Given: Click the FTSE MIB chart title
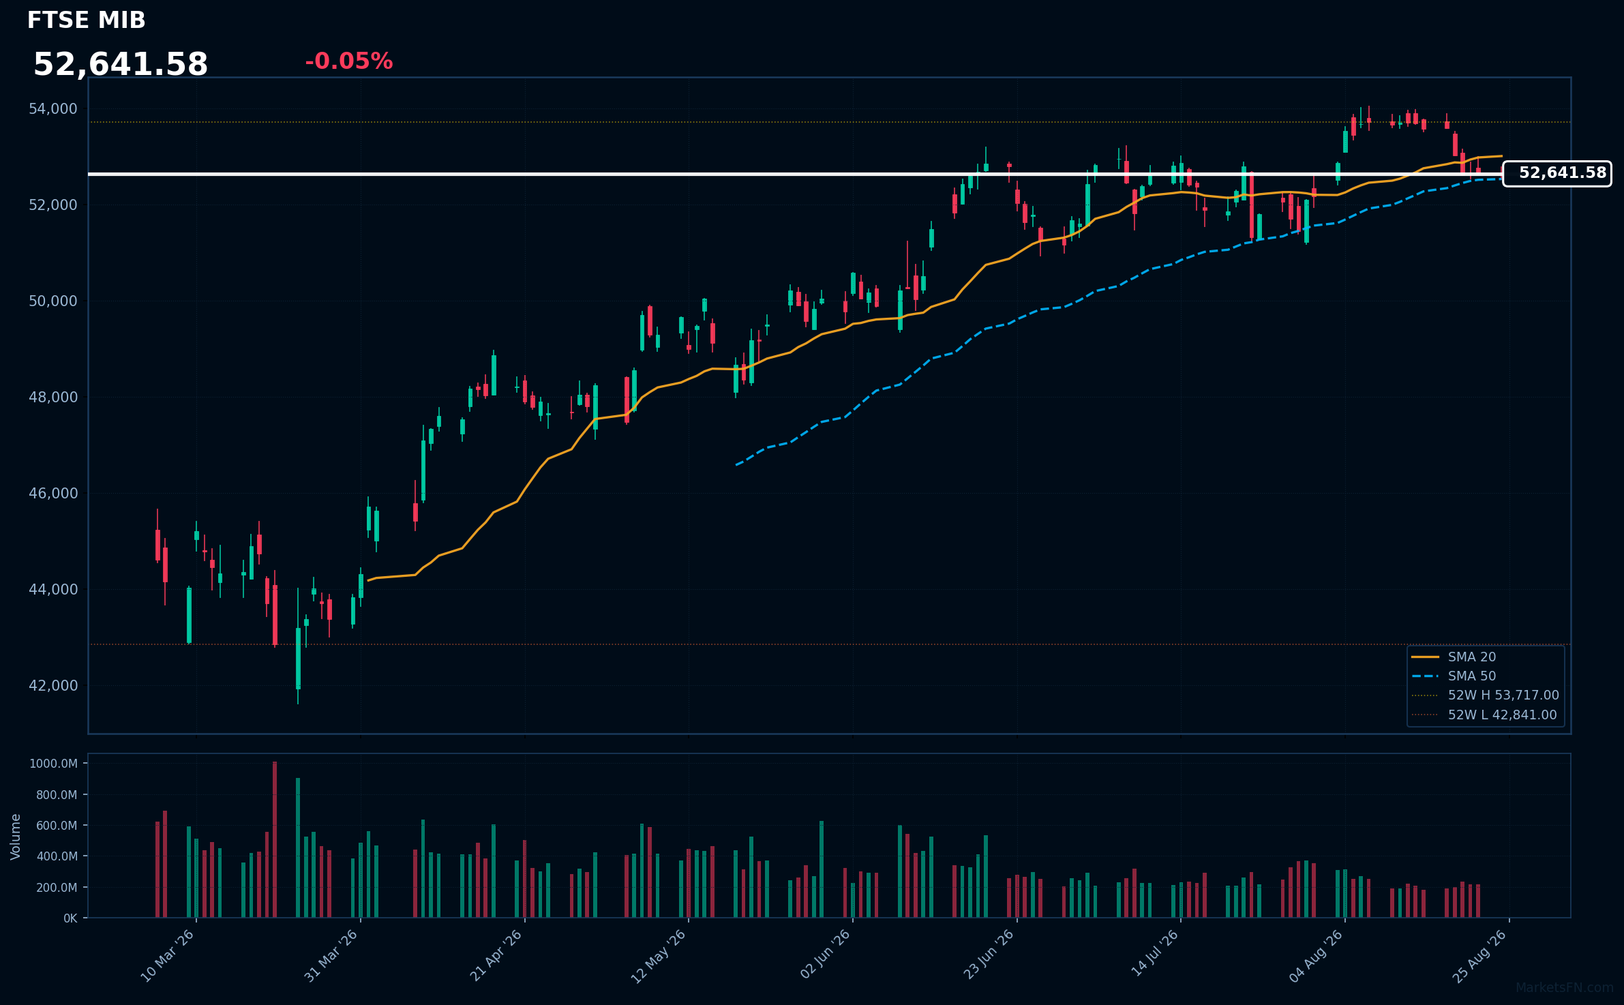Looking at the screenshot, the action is point(87,20).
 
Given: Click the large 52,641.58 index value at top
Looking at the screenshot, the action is point(121,65).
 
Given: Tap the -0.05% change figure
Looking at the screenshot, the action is point(349,61).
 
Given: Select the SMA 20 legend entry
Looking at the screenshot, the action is point(1454,657).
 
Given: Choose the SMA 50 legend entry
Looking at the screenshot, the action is point(1454,676).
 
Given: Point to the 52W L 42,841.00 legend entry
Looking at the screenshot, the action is point(1484,715).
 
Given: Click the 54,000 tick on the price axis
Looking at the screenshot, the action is point(53,109).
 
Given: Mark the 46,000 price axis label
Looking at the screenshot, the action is point(53,493).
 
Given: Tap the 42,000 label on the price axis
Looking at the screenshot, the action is point(53,685).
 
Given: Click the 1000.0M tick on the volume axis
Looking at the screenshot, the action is point(53,764).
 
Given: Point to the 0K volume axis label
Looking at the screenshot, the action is point(70,918).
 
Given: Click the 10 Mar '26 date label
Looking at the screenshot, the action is point(168,956).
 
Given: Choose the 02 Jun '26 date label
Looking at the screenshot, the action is point(825,956).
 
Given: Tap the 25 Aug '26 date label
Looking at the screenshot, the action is point(1479,956).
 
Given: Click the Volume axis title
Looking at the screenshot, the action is point(16,837).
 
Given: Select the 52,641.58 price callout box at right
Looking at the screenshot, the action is point(1557,173).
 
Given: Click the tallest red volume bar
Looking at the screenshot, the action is point(275,839).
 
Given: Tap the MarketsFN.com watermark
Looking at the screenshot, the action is point(1565,988).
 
